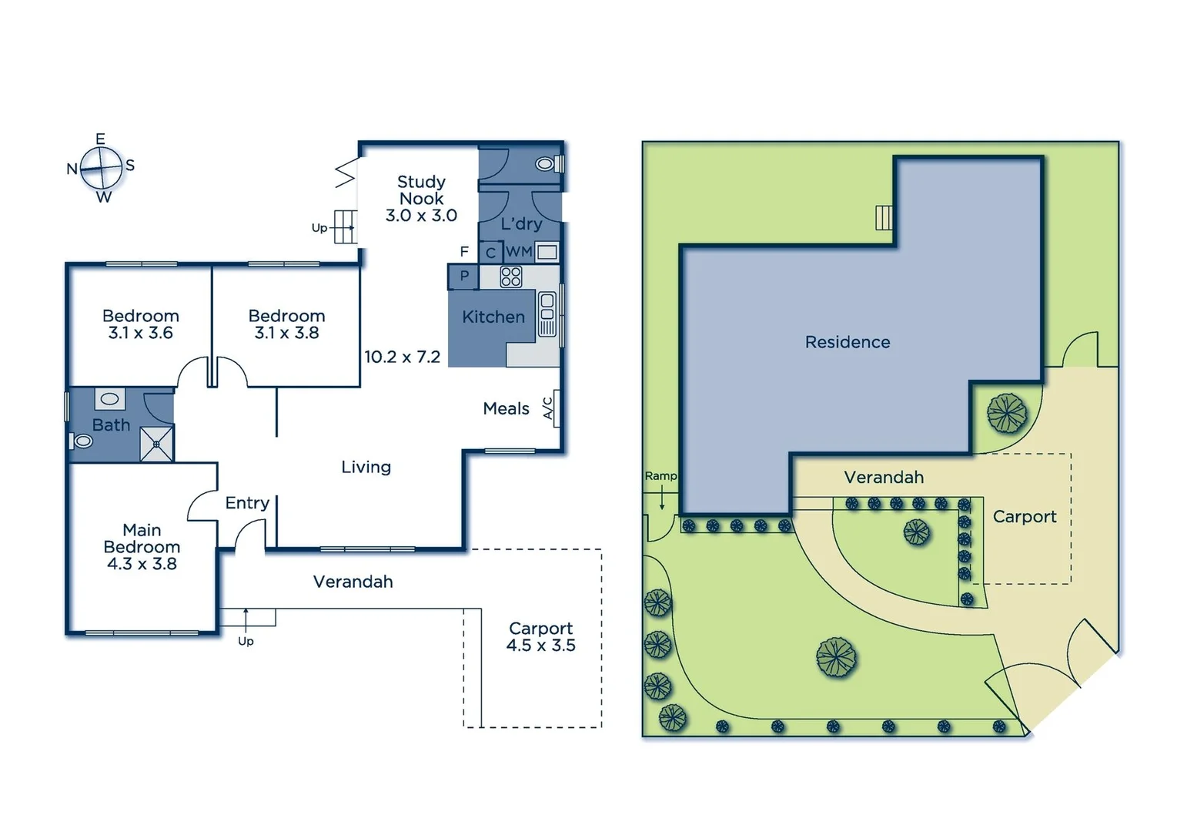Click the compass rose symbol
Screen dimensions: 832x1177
coord(101,167)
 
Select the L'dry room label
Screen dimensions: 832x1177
coord(521,223)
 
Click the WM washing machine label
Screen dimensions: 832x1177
coord(518,252)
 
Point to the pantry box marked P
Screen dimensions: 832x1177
coord(464,276)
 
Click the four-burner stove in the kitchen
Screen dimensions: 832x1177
coord(510,277)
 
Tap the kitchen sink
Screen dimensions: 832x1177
coord(547,314)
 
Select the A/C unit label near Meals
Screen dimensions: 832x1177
coord(548,408)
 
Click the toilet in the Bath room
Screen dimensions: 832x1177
coord(82,441)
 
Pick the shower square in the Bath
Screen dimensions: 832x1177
coord(156,445)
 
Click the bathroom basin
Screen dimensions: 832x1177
coord(109,399)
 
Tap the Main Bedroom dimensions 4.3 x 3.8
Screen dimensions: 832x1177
coord(142,564)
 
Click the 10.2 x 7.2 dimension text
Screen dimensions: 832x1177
coord(402,357)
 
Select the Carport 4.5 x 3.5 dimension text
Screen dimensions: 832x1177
coord(540,646)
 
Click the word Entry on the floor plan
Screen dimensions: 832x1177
coord(247,503)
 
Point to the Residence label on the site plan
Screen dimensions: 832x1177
coord(848,342)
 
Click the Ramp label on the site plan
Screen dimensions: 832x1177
coord(660,476)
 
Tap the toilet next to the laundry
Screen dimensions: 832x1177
coord(546,164)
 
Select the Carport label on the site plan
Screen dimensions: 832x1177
coord(1024,517)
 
